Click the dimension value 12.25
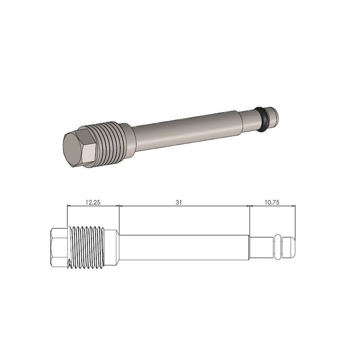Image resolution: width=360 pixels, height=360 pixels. [x=93, y=202]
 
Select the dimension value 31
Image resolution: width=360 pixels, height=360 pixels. [x=178, y=202]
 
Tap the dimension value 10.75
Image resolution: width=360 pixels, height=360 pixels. [x=272, y=202]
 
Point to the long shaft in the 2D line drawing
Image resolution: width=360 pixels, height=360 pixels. [x=184, y=247]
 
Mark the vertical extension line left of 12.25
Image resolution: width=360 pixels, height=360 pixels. [x=67, y=216]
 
